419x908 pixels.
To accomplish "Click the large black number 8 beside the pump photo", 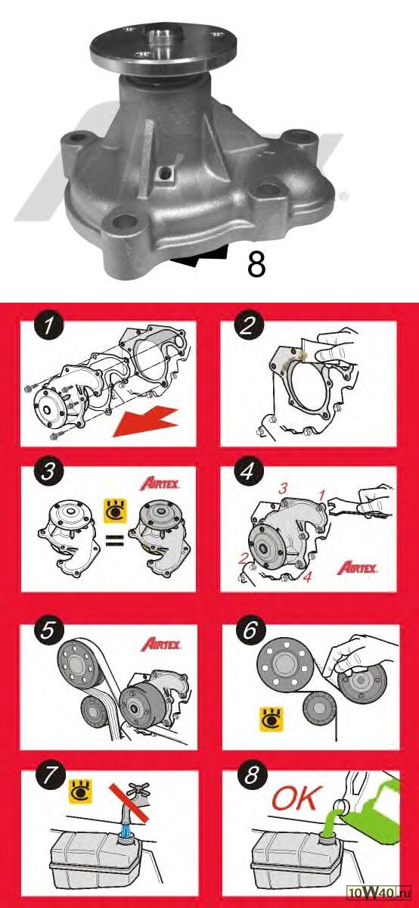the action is (x=256, y=265).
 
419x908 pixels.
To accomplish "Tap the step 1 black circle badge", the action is (x=49, y=327).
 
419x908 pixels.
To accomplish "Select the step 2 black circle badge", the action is (x=248, y=327).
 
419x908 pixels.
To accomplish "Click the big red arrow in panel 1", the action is (x=145, y=422).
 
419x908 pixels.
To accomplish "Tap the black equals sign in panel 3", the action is (x=116, y=540).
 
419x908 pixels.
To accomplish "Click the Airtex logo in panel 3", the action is (x=160, y=484).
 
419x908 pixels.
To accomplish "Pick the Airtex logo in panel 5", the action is (x=161, y=645).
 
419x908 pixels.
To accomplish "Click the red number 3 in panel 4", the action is (x=283, y=489).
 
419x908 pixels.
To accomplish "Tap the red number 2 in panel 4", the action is (x=243, y=559).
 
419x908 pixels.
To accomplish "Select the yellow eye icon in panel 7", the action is (x=81, y=791).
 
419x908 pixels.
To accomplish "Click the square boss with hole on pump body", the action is (x=165, y=174).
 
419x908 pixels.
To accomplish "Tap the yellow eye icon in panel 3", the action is (x=116, y=511).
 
